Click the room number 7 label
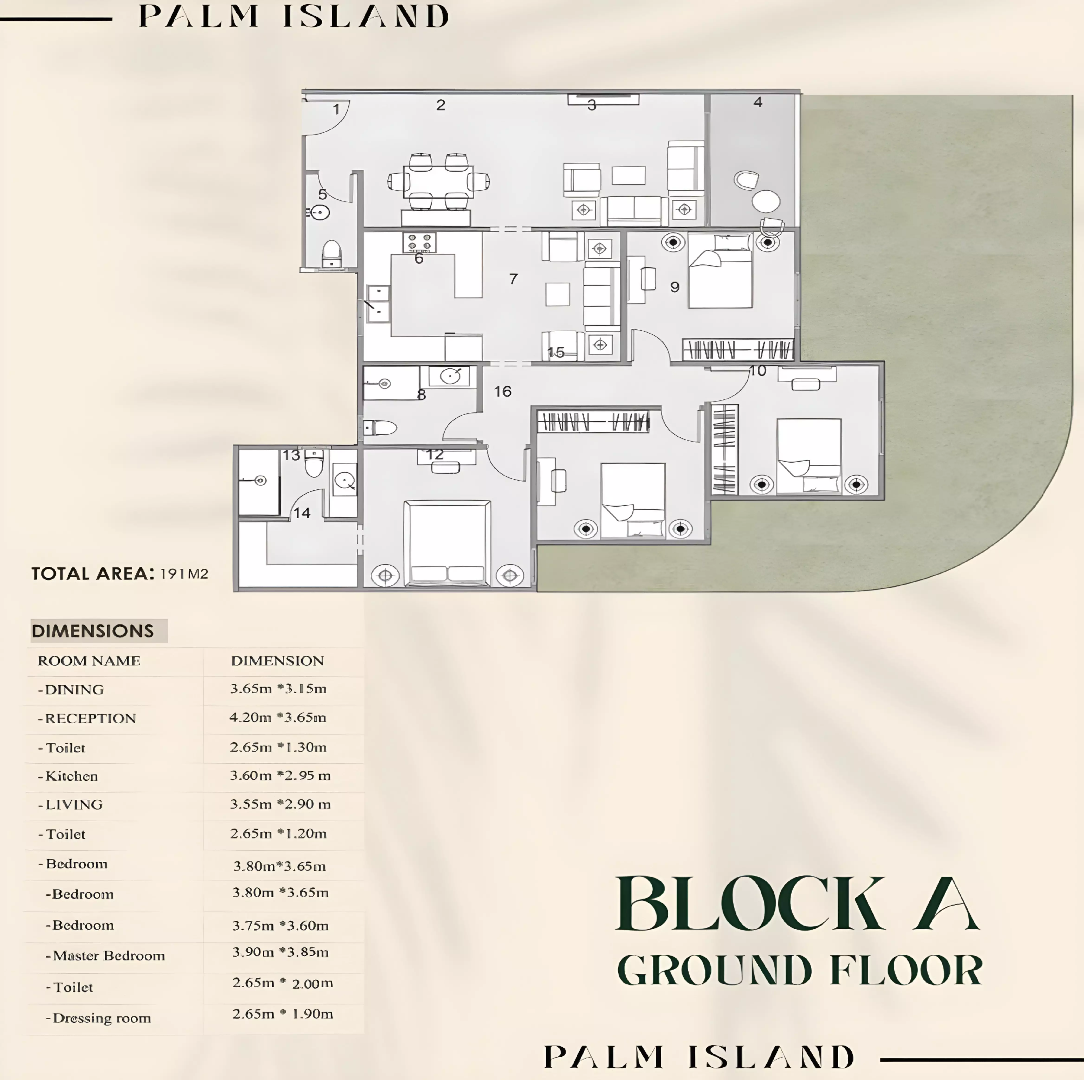pyautogui.click(x=513, y=279)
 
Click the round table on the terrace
pyautogui.click(x=765, y=201)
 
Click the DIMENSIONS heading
pyautogui.click(x=93, y=631)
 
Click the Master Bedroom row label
pyautogui.click(x=108, y=955)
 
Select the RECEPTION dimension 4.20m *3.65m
pyautogui.click(x=278, y=718)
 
